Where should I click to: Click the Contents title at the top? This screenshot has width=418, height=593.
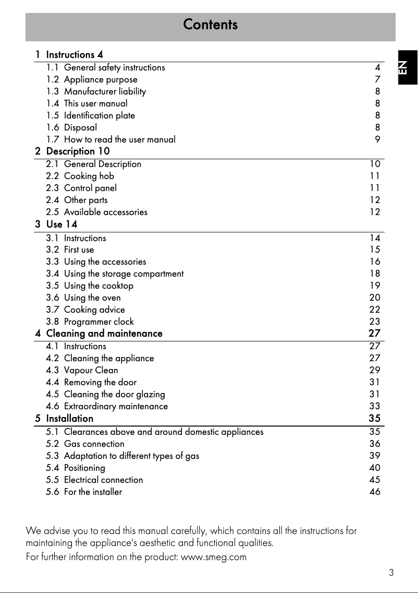pos(210,25)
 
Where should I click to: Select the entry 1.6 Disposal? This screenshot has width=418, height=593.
pos(71,127)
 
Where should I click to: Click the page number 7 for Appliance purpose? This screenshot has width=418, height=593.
pos(377,79)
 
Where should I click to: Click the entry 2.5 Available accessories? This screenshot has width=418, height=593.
pos(96,212)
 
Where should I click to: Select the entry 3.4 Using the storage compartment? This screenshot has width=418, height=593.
pos(115,274)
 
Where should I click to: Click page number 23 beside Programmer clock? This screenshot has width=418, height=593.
pos(374,322)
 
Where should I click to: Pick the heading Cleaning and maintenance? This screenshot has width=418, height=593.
pos(104,334)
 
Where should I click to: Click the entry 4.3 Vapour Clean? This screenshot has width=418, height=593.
pos(82,370)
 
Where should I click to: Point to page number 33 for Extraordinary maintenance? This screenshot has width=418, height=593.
pos(374,406)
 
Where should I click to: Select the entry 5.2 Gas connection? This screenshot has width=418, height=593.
pos(85,444)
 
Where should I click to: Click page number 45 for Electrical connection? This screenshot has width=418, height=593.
pos(374,480)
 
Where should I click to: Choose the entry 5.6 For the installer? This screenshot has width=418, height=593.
pos(84,492)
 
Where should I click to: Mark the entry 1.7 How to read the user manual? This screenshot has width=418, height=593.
pos(110,139)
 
